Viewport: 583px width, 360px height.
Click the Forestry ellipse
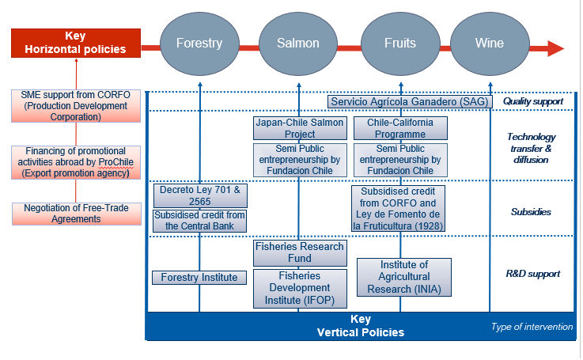tap(199, 44)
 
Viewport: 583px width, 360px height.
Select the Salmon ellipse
tap(298, 44)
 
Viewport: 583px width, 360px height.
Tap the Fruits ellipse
tap(400, 44)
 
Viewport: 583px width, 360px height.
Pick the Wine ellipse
tap(490, 44)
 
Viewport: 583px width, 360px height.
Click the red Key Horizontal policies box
tap(76, 43)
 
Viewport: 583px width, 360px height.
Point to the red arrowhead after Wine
tap(555, 48)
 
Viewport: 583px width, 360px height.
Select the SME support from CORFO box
tap(76, 105)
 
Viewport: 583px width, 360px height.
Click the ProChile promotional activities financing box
tap(76, 161)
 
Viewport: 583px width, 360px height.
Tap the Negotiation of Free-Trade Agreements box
tap(76, 214)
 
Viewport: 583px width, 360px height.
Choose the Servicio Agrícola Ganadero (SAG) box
tap(411, 101)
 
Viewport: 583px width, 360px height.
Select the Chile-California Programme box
tap(401, 128)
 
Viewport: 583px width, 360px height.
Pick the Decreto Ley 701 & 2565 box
tap(199, 195)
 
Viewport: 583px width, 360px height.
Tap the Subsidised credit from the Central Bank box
tap(199, 221)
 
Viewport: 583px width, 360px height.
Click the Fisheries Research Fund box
tap(299, 252)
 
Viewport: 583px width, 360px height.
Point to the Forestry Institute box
tap(199, 277)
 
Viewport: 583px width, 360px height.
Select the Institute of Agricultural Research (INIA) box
tap(404, 277)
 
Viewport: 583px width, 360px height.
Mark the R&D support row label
tap(532, 274)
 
